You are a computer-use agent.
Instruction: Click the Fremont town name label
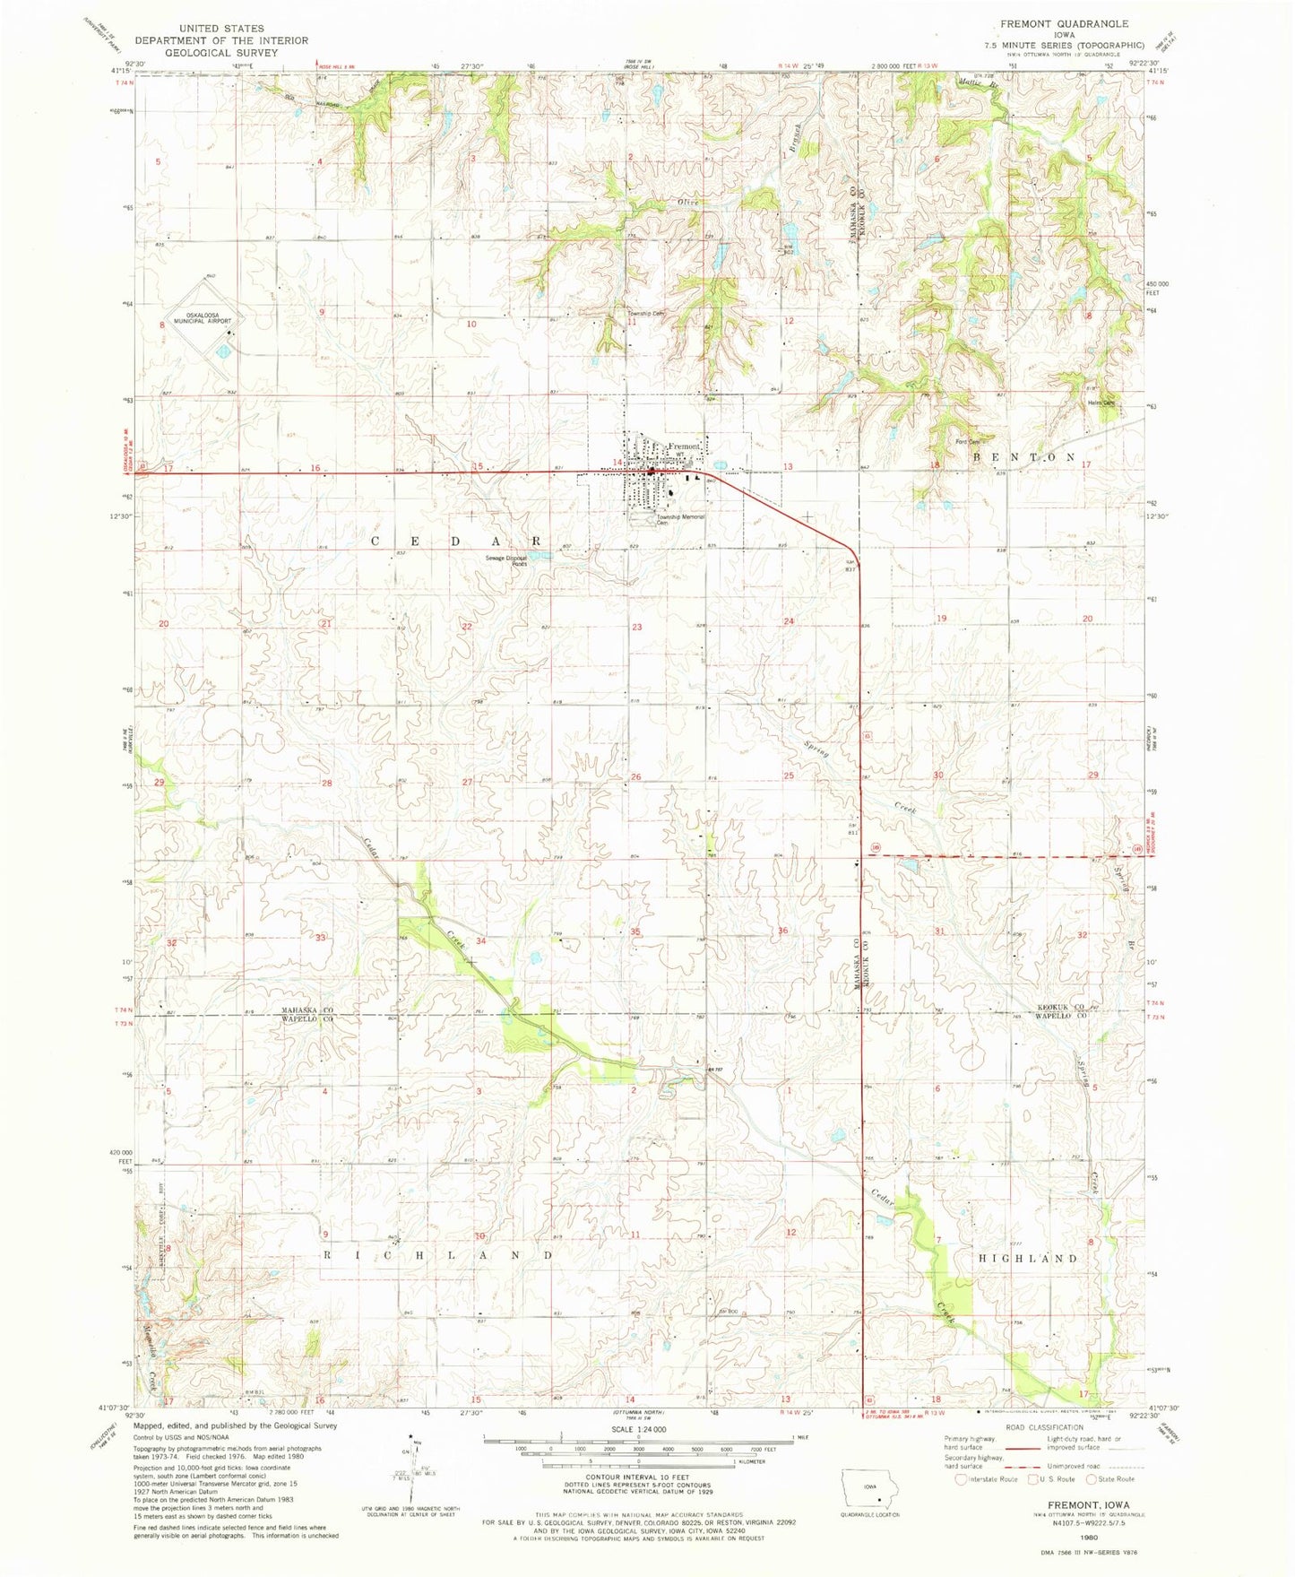click(x=684, y=446)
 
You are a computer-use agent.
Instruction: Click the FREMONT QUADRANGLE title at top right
click(x=1057, y=24)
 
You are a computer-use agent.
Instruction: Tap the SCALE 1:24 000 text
click(x=637, y=1430)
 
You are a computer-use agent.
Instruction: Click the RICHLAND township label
click(x=436, y=1256)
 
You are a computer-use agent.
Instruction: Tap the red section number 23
click(x=636, y=627)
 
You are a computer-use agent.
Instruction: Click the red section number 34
click(x=481, y=940)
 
